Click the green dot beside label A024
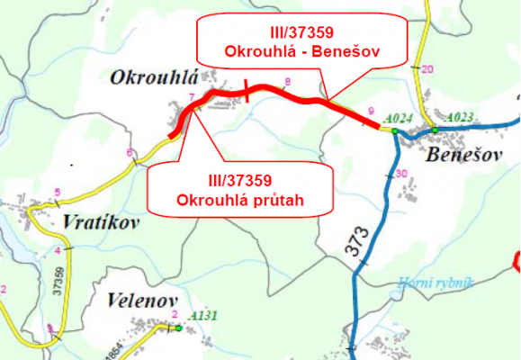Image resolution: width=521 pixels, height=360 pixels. [x=395, y=131]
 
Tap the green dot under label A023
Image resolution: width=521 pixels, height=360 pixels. [x=435, y=130]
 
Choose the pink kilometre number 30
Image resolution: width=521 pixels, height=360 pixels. [x=401, y=174]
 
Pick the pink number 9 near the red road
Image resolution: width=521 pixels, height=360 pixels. [x=370, y=111]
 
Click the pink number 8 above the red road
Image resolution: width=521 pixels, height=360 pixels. [x=287, y=83]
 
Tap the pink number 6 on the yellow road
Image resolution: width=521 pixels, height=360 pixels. [x=130, y=151]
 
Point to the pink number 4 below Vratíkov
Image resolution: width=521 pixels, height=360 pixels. [x=58, y=249]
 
